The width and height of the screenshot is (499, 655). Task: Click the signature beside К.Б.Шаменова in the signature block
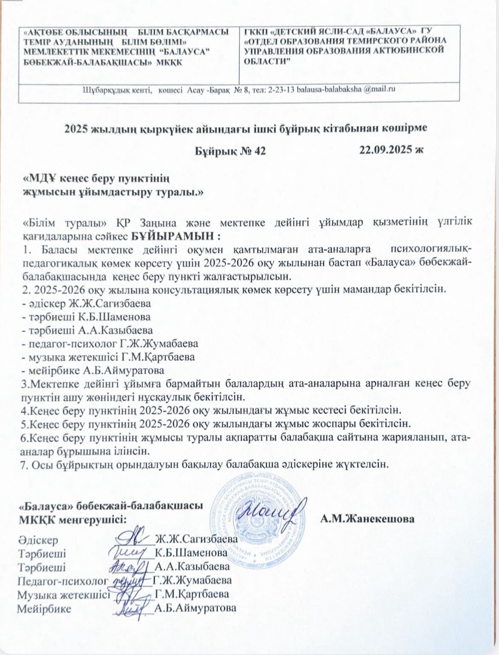(x=129, y=551)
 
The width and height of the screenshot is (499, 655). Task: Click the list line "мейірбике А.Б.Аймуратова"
(x=93, y=370)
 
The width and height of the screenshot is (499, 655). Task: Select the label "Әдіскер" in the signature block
(x=38, y=540)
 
